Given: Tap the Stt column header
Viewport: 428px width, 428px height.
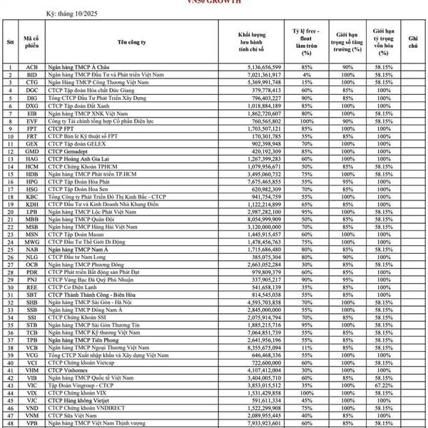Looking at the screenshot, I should click(10, 43).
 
